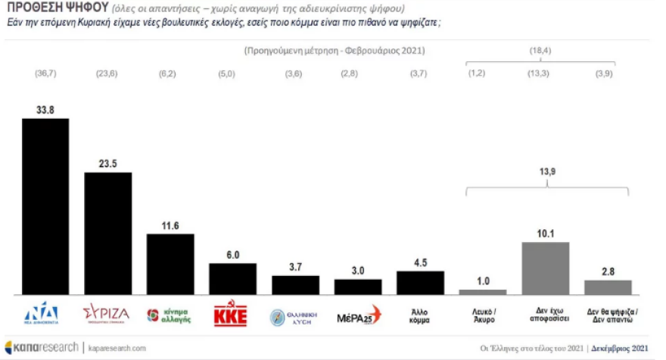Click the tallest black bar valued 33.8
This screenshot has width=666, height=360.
[x=45, y=206]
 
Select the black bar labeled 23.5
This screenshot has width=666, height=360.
[x=107, y=233]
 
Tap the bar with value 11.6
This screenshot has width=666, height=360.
[x=170, y=263]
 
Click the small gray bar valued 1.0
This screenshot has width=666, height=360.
[x=483, y=291]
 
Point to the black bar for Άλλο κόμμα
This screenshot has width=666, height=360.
[x=420, y=282]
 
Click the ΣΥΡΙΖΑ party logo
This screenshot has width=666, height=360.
[x=106, y=314]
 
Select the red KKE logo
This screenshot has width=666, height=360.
[x=232, y=315]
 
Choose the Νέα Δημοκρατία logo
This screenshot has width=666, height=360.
[x=42, y=315]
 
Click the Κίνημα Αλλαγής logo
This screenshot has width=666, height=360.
[x=169, y=315]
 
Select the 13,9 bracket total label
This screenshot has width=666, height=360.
[x=546, y=172]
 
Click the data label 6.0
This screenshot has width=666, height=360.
[x=232, y=256]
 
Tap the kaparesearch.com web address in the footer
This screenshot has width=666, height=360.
[x=116, y=348]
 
